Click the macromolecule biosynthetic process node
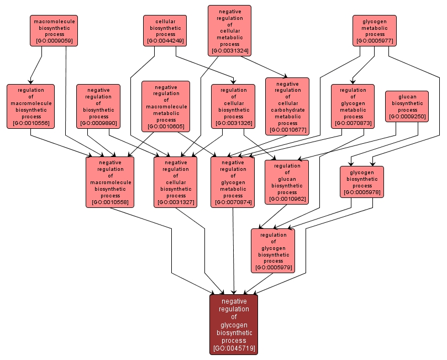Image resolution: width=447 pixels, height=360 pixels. point(53,30)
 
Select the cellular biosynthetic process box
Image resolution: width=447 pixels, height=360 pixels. point(165,30)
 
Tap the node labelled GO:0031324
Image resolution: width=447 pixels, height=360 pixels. point(229,30)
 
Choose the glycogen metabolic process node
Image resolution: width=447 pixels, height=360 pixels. point(375,30)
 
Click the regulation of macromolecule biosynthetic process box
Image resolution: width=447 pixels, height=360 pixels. point(31,106)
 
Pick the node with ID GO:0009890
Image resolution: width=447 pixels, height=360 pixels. point(98,106)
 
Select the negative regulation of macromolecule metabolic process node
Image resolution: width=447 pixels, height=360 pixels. point(166,106)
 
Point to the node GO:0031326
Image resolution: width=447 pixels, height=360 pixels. point(233,106)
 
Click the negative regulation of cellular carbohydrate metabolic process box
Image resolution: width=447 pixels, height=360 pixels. point(287,106)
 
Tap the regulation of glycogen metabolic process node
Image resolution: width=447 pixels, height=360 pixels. point(353,106)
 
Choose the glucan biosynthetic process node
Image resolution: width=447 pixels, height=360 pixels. point(407,106)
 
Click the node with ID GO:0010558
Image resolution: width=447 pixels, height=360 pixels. point(110,182)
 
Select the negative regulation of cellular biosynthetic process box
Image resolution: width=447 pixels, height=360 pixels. point(176,182)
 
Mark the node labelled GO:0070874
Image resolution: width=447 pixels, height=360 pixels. point(233,182)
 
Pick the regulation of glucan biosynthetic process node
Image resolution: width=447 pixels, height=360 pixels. point(287,182)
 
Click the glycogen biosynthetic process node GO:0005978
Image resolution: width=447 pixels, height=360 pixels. point(362,182)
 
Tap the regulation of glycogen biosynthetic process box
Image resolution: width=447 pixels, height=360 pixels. point(273,251)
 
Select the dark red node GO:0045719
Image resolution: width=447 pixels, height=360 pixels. point(234,324)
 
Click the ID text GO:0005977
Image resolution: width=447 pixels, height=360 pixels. point(375,40)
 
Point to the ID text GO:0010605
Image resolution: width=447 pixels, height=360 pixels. point(166,127)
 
